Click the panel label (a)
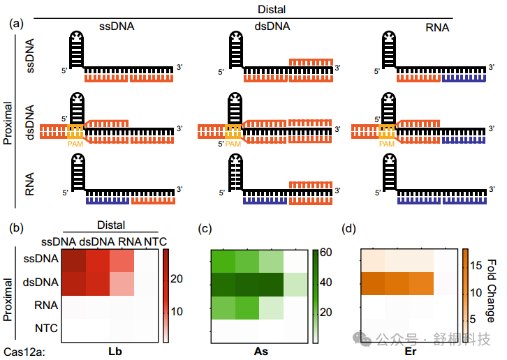[17, 24]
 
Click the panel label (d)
[348, 229]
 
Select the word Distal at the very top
[272, 9]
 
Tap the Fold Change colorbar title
[491, 291]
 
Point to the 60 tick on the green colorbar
[325, 252]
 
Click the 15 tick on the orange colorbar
[476, 266]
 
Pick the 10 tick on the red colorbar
[177, 312]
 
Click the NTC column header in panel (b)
[155, 241]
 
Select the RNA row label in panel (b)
[46, 305]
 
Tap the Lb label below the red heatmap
[115, 351]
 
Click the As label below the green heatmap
[261, 351]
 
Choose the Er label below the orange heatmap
[411, 351]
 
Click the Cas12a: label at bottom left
[24, 352]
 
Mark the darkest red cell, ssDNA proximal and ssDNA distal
[74, 260]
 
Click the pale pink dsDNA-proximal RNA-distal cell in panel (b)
[122, 284]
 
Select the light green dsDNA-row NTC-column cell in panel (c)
[295, 285]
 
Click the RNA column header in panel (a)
[437, 27]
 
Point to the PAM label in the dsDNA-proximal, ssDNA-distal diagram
[75, 144]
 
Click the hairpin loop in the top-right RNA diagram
[389, 36]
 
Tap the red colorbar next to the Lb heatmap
[166, 295]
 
